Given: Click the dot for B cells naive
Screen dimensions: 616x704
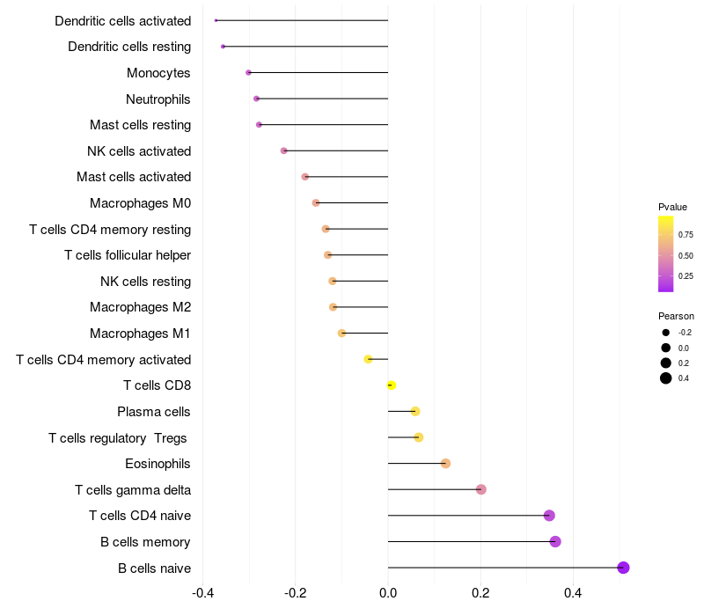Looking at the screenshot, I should coord(623,568).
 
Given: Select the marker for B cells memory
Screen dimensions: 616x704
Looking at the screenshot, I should coord(555,541).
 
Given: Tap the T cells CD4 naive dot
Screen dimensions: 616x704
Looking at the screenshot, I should coord(549,516).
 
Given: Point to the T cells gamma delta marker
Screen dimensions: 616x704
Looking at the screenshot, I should coord(480,489).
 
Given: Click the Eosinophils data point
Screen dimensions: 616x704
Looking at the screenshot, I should coord(445,464).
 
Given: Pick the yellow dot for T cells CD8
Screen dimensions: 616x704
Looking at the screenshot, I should coord(392,385).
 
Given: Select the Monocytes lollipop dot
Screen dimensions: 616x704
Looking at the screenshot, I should coord(248,72).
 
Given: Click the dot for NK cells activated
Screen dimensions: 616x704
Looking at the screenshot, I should coord(283,150).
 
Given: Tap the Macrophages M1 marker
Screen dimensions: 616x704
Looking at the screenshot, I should coord(341,334).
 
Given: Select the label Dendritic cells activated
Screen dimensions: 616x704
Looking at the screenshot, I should coord(122,20).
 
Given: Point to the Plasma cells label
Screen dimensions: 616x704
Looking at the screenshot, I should coord(154,412).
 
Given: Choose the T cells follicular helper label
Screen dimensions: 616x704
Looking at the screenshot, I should coord(128,255).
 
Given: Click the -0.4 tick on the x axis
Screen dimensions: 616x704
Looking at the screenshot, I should coord(202,592).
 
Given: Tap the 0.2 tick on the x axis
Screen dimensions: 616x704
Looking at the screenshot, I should coord(480,592).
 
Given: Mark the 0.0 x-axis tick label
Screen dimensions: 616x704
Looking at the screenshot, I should coord(388,592).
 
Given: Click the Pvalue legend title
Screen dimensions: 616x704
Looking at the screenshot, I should coord(672,207).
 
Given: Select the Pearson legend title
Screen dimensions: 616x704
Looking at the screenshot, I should coord(676,316).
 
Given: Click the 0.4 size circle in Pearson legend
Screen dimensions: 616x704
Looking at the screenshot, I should coord(666,378).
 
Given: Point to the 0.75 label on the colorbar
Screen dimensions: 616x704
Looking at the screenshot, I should coord(686,235).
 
